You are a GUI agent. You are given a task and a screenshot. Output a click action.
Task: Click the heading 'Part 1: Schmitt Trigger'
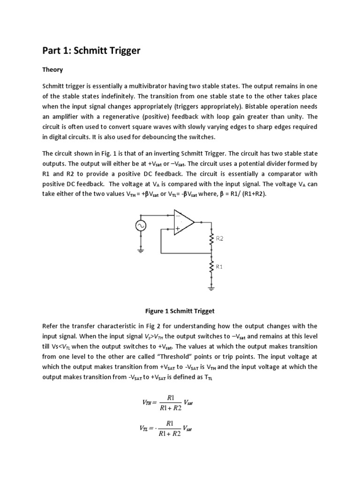point(91,51)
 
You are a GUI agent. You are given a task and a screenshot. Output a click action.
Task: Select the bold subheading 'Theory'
point(52,70)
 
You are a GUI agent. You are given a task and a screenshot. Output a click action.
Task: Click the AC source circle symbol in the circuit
point(140,225)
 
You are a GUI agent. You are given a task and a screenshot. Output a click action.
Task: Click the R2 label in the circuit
point(219,238)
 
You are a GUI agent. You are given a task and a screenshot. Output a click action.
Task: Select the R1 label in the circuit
point(219,266)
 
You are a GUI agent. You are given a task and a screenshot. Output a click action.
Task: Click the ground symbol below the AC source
point(140,250)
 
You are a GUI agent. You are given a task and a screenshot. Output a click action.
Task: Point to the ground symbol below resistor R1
point(211,288)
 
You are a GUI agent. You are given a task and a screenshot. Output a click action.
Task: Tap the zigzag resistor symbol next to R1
point(211,267)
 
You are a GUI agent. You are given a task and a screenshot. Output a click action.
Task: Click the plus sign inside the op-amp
point(178,229)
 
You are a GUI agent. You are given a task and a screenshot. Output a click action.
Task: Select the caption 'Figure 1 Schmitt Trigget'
point(180,311)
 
